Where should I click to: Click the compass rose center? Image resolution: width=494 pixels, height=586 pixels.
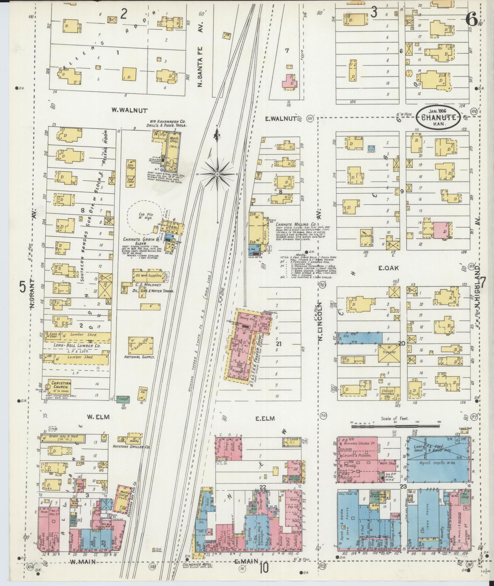[x=217, y=174]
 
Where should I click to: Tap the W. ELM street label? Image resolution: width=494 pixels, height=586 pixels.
[x=94, y=417]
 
